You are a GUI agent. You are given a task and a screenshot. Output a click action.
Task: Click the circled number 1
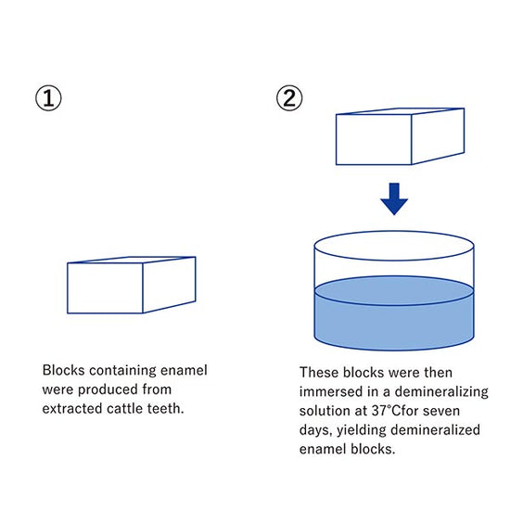click(x=48, y=98)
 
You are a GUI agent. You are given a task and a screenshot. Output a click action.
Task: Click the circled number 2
click(x=289, y=98)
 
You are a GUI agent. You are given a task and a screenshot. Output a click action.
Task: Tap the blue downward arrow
click(x=394, y=199)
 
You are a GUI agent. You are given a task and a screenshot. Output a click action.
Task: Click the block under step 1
click(x=132, y=285)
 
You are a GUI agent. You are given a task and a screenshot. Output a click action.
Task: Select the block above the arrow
click(x=400, y=136)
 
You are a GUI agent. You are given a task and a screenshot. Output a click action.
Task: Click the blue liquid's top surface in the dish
click(x=394, y=291)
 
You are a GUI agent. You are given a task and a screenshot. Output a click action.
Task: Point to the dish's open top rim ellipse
click(x=394, y=232)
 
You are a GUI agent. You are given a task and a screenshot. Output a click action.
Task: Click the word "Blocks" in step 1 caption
click(x=63, y=370)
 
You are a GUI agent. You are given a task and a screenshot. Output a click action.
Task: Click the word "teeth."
click(x=166, y=409)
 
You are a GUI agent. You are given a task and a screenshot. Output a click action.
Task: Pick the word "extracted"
click(x=72, y=409)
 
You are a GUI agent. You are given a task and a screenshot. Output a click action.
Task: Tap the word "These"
click(x=319, y=373)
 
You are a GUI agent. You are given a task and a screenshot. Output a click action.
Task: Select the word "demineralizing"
click(x=441, y=392)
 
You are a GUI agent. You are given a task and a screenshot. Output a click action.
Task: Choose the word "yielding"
click(x=361, y=430)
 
